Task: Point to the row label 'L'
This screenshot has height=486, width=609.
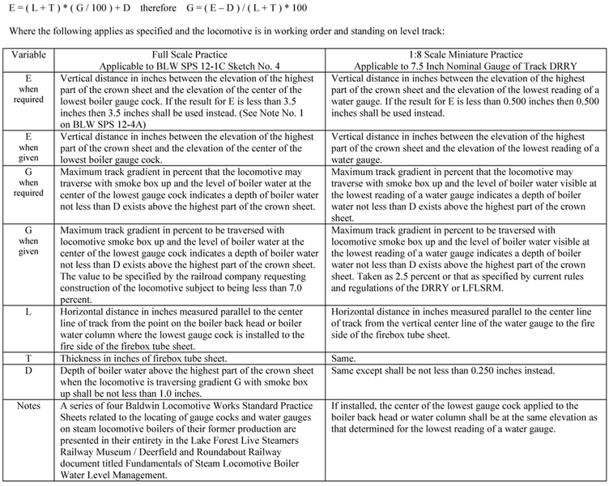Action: (29, 312)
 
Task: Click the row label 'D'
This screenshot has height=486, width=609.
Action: (29, 370)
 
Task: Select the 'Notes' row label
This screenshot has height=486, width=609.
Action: (29, 406)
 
